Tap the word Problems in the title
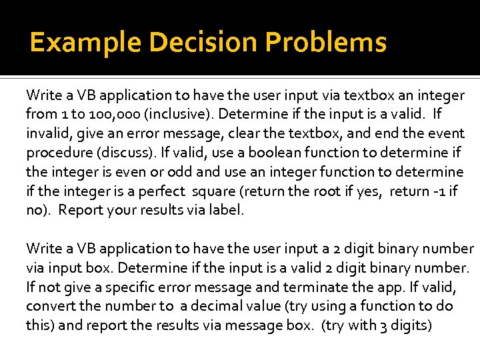[x=326, y=43]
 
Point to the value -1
[x=443, y=191]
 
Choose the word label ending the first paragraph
[x=227, y=211]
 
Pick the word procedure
[x=55, y=153]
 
